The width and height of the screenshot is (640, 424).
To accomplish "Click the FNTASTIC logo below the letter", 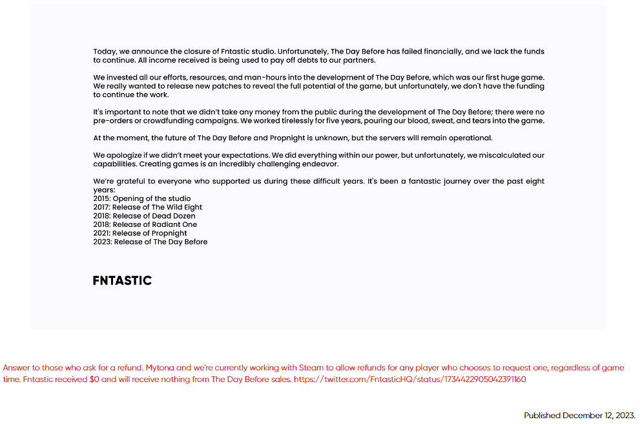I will click(x=122, y=281).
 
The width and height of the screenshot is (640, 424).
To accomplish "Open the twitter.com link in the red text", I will click(x=409, y=379).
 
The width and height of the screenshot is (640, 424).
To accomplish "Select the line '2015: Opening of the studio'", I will click(x=142, y=198).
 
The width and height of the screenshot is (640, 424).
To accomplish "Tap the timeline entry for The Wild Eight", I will click(x=148, y=207).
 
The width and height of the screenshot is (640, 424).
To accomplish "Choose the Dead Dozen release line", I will click(x=144, y=216).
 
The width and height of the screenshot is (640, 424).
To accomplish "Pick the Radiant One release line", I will click(x=145, y=224).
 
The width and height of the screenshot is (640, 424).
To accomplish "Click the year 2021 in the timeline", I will click(x=102, y=233).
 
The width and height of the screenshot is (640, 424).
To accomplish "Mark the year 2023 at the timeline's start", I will click(x=102, y=242).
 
